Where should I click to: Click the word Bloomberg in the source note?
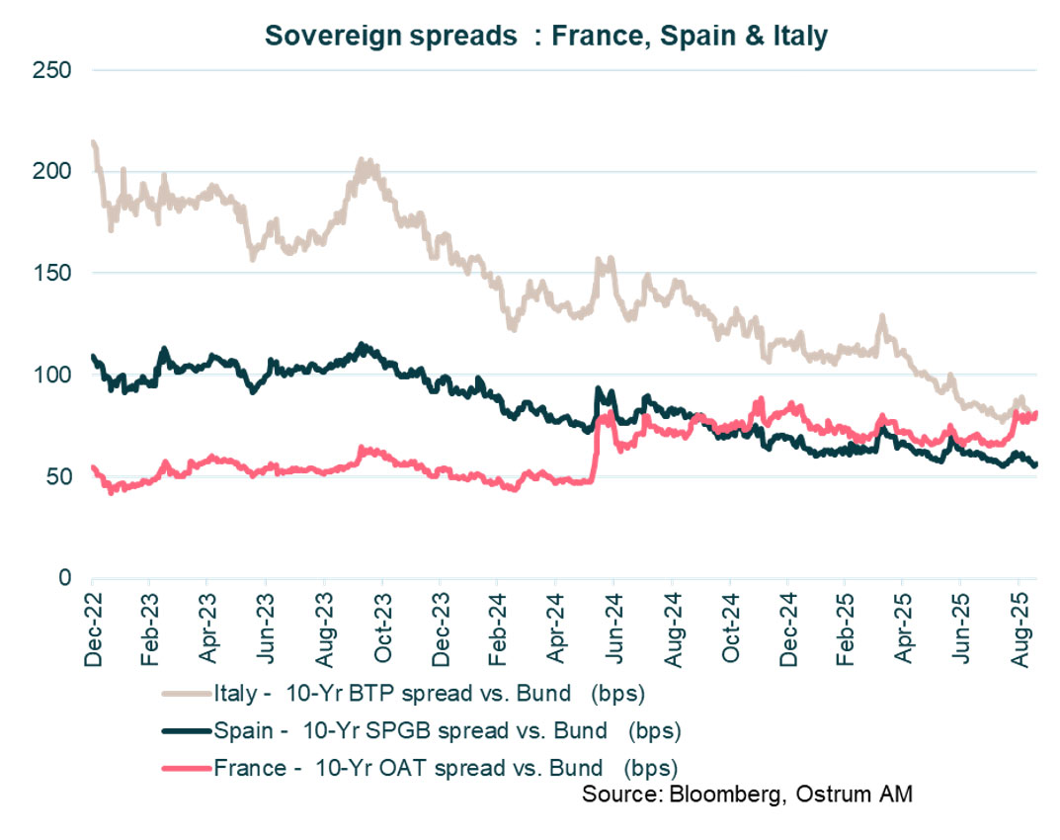coord(704,795)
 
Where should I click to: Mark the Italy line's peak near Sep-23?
coord(364,161)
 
